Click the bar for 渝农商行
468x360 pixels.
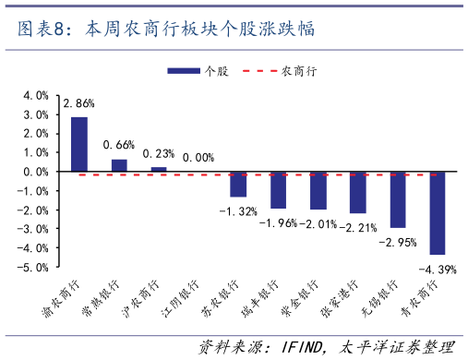click(x=79, y=144)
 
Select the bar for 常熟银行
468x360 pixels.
click(x=119, y=165)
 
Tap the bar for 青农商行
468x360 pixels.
click(x=437, y=213)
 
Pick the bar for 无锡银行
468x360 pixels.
click(x=397, y=199)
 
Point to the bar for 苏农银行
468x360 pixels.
click(x=238, y=184)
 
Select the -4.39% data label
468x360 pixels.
click(x=438, y=270)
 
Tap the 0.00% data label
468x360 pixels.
click(x=198, y=157)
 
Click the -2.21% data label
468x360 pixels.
click(x=358, y=227)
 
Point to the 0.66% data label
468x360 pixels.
click(x=119, y=145)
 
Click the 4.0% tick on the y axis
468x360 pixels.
click(x=36, y=95)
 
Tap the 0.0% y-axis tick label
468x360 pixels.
click(x=36, y=172)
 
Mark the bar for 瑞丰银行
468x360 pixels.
click(x=278, y=190)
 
